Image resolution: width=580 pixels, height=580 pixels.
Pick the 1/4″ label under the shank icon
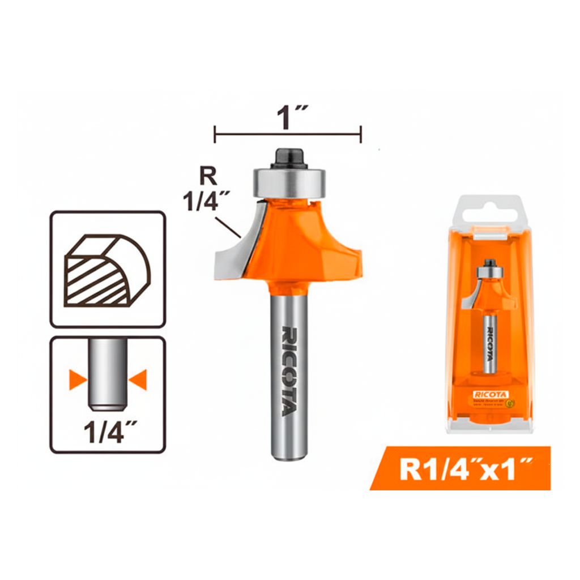coord(108,433)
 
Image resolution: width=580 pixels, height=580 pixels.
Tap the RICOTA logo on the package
coord(491,394)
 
